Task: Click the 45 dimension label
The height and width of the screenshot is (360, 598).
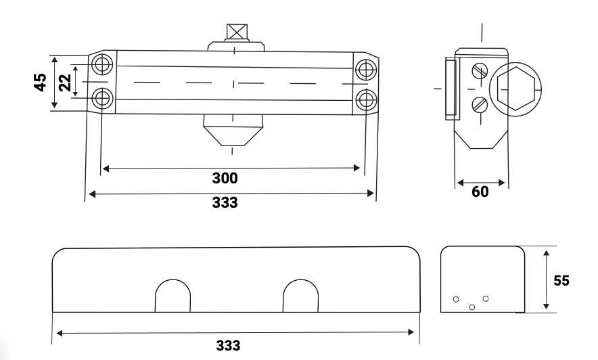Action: [40, 83]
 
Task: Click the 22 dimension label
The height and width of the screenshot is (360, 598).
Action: [64, 83]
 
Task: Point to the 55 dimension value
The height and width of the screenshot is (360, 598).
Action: [561, 280]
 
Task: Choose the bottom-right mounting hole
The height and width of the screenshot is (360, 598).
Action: [365, 99]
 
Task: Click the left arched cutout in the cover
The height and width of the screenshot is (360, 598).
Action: [172, 296]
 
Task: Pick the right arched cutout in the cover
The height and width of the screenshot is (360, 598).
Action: [300, 296]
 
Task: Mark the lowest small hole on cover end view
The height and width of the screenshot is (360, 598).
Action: [471, 307]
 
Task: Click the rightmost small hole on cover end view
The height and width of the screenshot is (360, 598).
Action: [485, 298]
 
